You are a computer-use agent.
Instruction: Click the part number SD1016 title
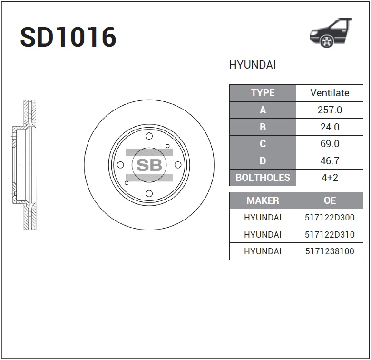(68, 37)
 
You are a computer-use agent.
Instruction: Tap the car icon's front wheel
(327, 41)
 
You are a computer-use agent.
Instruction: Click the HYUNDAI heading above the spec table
(253, 65)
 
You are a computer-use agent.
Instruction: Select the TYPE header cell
(263, 93)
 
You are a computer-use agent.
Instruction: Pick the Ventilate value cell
(330, 93)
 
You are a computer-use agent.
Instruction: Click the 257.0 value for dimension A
(330, 110)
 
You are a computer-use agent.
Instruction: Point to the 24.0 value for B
(330, 127)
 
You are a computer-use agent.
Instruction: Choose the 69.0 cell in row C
(330, 144)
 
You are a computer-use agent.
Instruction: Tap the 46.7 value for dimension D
(330, 161)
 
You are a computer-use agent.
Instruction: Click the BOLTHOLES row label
(263, 178)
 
